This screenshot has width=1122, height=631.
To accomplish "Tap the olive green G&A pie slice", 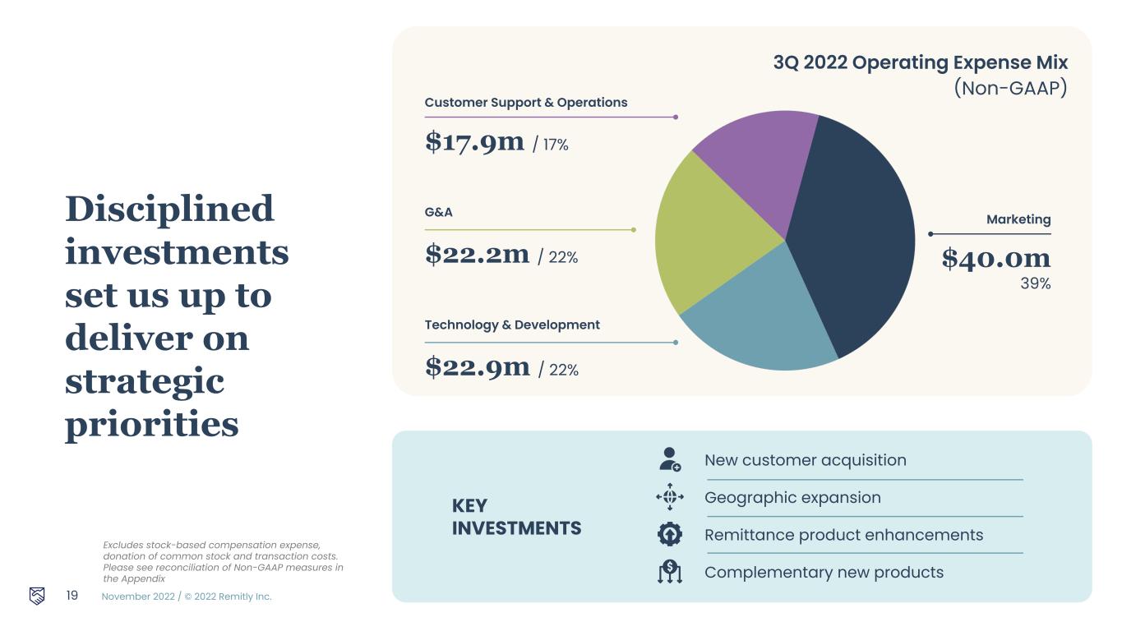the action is click(711, 235).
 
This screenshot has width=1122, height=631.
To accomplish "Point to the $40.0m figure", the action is click(995, 259).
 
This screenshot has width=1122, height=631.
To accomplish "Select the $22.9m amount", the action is click(477, 366).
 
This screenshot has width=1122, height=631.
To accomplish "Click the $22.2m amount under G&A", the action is click(477, 254).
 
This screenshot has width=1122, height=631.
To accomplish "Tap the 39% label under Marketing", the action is click(1036, 283).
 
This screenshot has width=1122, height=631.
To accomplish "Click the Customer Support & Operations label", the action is click(526, 102).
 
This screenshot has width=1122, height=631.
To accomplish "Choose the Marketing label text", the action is click(1018, 219).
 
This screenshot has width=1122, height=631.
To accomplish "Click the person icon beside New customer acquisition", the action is click(670, 459).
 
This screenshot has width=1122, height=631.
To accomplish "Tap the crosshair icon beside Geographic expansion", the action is click(670, 497).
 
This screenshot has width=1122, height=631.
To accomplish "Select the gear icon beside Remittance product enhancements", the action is click(670, 534).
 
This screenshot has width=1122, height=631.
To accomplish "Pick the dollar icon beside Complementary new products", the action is click(670, 571).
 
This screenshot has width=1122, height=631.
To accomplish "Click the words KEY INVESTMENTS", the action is click(516, 517).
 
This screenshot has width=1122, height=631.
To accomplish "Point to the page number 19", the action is click(72, 596).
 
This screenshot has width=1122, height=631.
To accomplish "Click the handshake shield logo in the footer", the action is click(37, 596).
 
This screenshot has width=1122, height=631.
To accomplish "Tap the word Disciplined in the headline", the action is click(169, 209).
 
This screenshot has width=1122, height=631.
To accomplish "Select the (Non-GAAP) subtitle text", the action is click(1010, 88).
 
